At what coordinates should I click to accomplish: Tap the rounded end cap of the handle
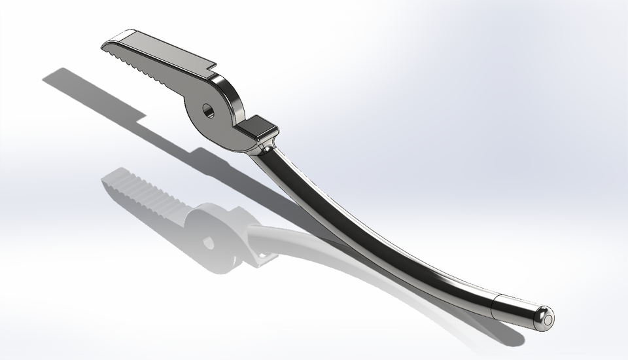(543, 317)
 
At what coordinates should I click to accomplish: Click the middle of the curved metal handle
(366, 229)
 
